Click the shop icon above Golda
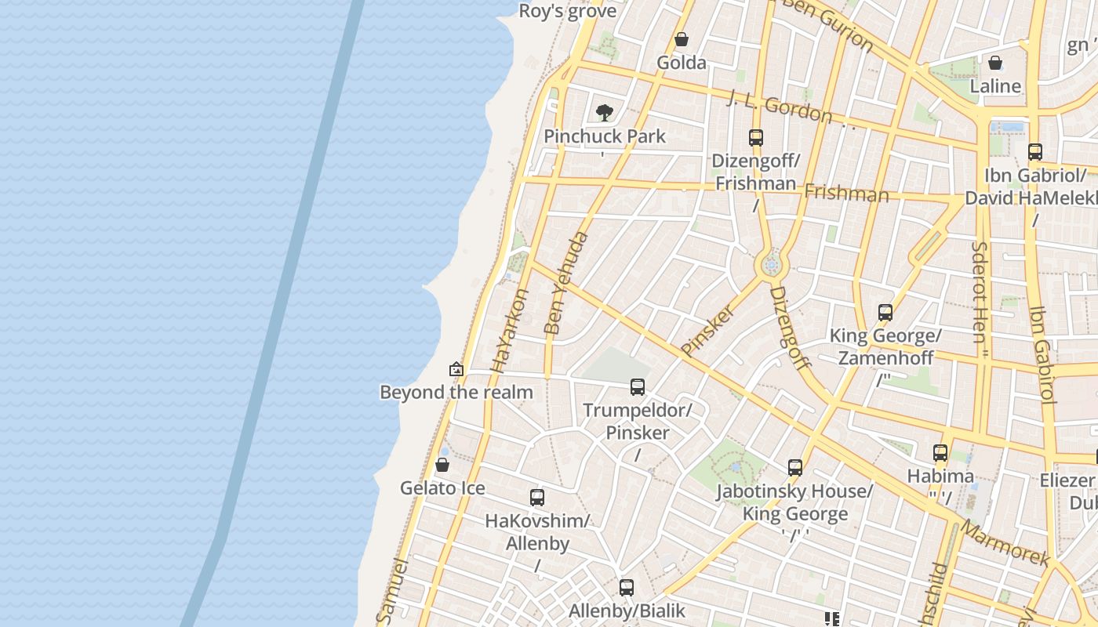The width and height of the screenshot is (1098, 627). tap(682, 39)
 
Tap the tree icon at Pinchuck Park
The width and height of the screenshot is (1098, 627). tap(604, 113)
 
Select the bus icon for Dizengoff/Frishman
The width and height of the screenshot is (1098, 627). tap(755, 138)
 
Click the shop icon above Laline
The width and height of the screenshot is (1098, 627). tap(995, 63)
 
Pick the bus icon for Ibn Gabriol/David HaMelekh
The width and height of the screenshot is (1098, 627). tap(1035, 152)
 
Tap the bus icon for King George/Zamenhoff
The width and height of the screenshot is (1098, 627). tap(885, 313)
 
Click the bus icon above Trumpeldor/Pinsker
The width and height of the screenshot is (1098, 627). tap(638, 386)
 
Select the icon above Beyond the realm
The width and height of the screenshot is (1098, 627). tap(456, 368)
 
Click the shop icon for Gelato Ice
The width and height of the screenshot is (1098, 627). tap(442, 465)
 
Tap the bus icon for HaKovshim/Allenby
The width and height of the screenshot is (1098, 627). tap(537, 498)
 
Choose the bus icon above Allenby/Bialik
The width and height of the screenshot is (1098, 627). tap(627, 588)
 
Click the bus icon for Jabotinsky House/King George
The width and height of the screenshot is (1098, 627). tap(795, 468)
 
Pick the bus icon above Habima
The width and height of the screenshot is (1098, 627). tap(940, 452)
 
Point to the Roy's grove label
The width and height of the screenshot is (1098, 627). tap(568, 12)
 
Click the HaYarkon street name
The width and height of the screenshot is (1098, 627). tap(511, 330)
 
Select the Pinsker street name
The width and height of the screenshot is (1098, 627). tap(708, 330)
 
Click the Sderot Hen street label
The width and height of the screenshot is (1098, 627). tap(980, 292)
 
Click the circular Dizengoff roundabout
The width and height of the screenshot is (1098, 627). tap(771, 266)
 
